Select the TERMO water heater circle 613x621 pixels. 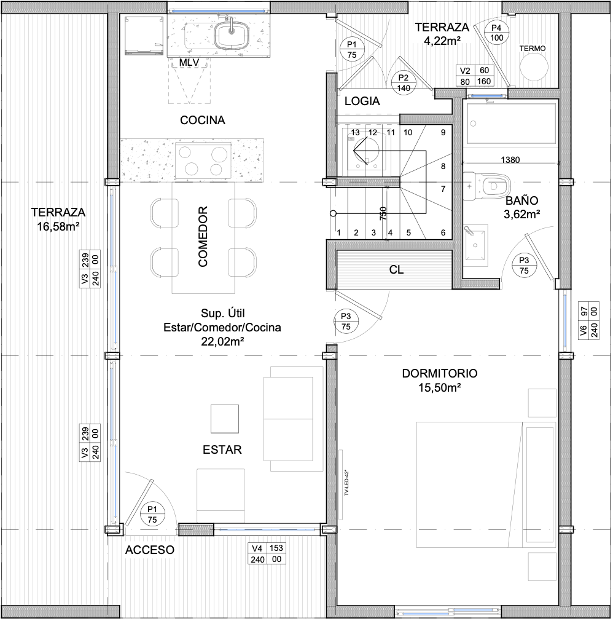point(534,67)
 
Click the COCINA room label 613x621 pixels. point(202,120)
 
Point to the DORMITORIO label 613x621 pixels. point(440,373)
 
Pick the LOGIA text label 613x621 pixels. point(362,101)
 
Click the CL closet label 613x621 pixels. point(396,270)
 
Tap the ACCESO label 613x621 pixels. point(150,550)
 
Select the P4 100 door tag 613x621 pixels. point(496,33)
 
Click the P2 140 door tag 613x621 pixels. point(404,83)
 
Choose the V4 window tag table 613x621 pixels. point(267,553)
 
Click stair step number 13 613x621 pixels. point(356,133)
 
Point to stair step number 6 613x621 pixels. point(443,233)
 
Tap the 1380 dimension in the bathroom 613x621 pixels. point(510,160)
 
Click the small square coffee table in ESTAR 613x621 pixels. point(225,419)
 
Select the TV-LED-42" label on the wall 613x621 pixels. point(346,483)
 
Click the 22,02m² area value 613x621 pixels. point(222,341)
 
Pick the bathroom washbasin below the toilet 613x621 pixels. point(475,243)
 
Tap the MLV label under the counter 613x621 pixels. point(189,63)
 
